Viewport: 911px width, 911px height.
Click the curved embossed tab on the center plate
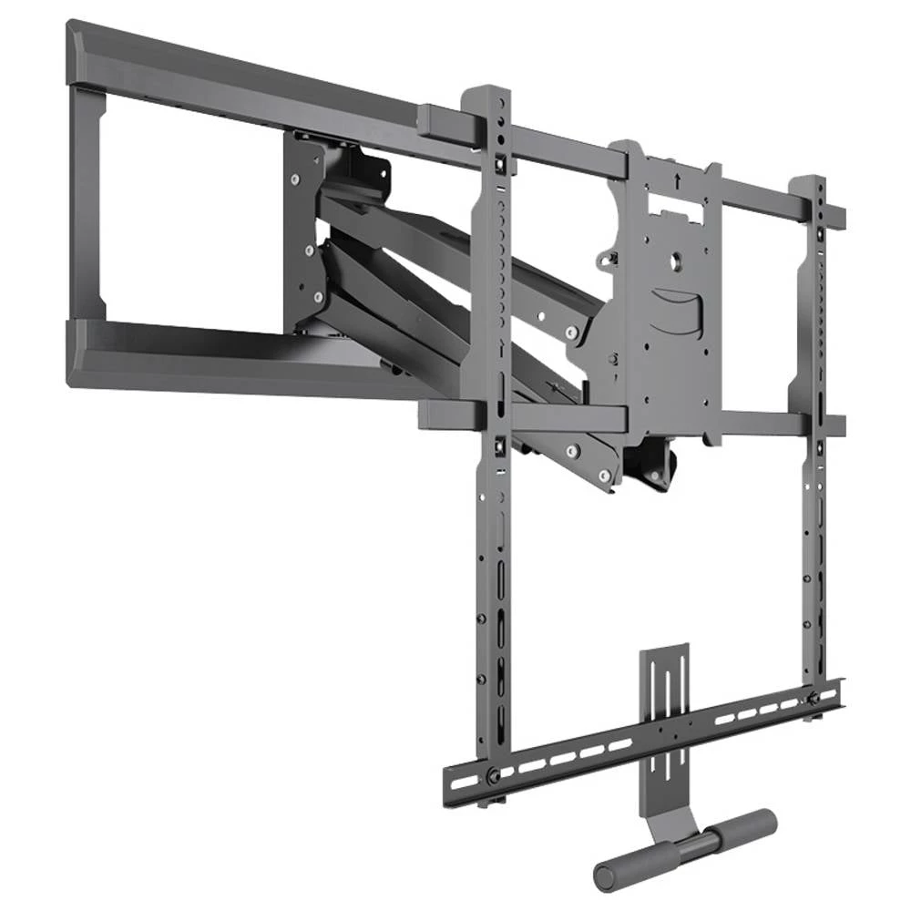click(679, 310)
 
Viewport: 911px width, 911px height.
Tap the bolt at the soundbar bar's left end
click(493, 776)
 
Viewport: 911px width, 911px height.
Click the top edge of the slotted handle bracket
click(664, 650)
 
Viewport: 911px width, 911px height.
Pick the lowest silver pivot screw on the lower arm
click(571, 451)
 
